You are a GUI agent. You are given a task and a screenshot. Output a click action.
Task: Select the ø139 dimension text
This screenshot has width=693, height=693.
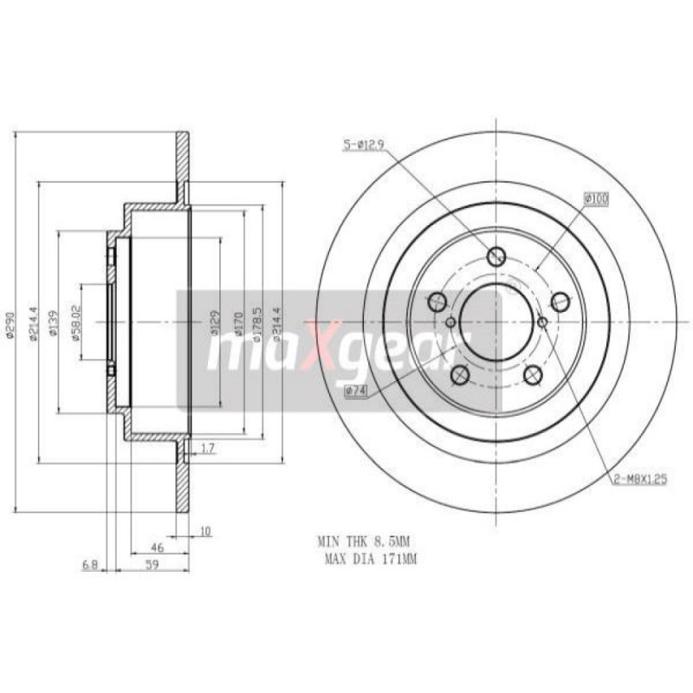click(52, 323)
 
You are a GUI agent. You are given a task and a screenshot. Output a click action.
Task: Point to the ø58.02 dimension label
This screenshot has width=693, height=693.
click(75, 322)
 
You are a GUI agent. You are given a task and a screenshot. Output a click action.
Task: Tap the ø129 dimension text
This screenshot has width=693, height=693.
click(213, 322)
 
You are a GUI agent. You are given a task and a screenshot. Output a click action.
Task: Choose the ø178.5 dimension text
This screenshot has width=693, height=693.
click(257, 322)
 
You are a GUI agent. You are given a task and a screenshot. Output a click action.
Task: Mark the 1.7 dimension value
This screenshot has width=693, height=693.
click(207, 449)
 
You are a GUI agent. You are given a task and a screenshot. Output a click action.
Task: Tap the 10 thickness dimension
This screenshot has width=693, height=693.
click(204, 532)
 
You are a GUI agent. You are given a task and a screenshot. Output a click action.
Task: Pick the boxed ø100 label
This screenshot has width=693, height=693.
click(596, 199)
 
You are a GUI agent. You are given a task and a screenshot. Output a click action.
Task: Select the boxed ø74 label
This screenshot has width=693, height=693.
click(356, 392)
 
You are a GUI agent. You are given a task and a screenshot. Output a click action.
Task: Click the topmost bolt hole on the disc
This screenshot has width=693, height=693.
click(497, 256)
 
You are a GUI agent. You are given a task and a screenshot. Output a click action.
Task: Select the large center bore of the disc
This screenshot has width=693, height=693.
click(490, 320)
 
